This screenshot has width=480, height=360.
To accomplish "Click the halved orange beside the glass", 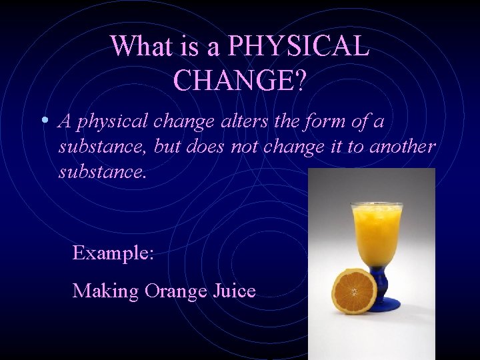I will (x=354, y=291).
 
